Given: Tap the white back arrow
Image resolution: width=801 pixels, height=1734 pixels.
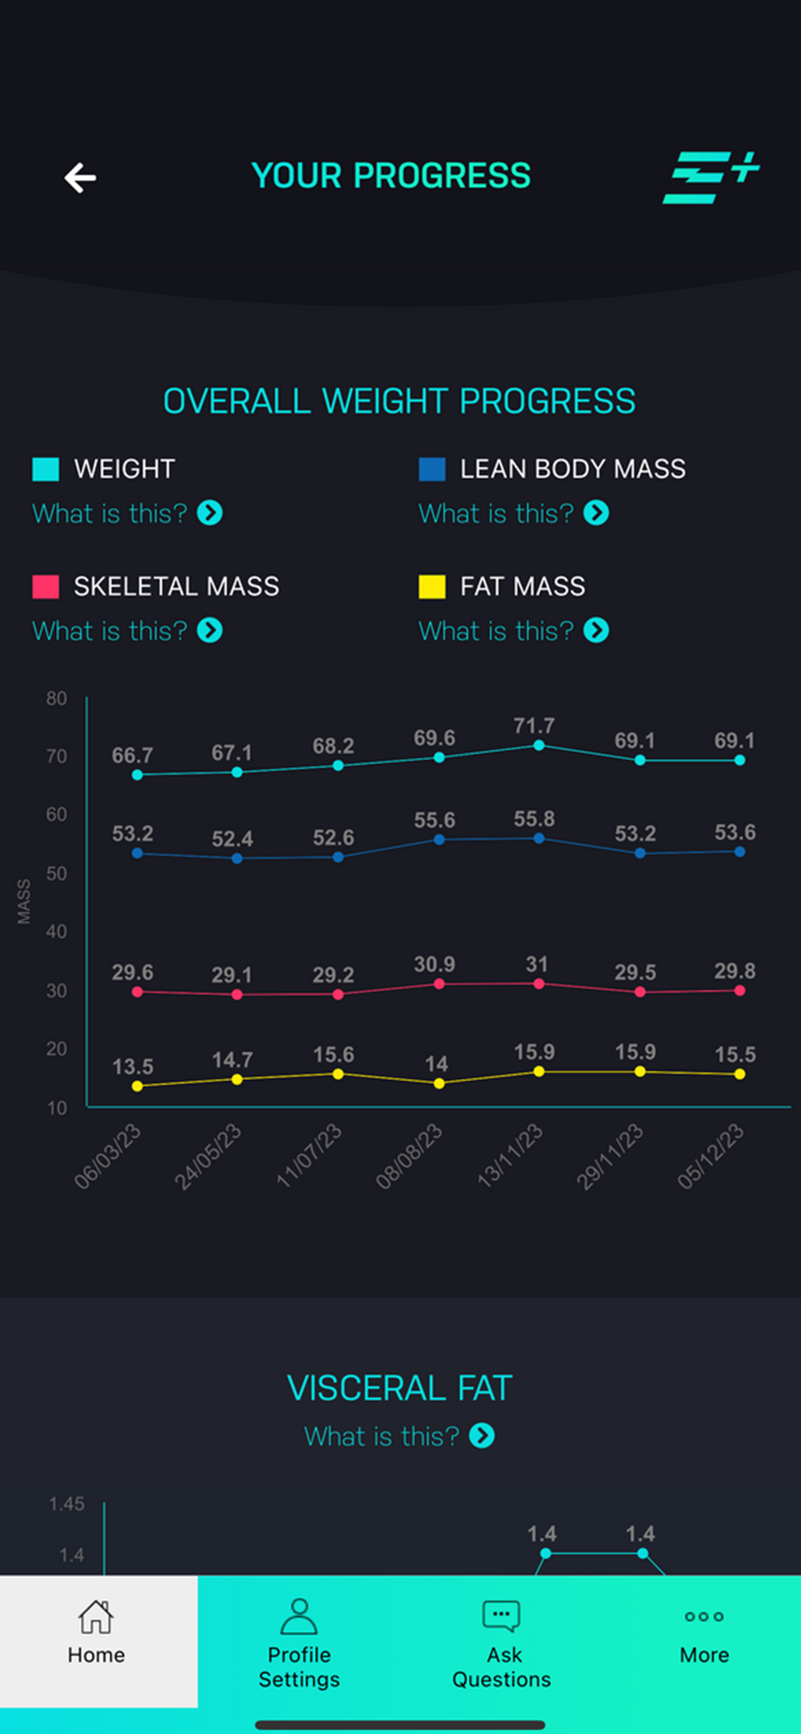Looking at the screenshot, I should (80, 177).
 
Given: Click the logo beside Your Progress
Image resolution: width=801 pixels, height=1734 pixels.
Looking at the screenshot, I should (710, 177).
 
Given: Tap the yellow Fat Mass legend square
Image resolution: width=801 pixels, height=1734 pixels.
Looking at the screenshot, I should (431, 586).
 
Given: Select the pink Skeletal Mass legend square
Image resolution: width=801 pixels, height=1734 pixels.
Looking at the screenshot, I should (46, 586).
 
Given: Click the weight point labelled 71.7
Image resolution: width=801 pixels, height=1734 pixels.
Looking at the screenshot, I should (539, 745).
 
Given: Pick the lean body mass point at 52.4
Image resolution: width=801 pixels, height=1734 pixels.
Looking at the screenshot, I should (237, 858).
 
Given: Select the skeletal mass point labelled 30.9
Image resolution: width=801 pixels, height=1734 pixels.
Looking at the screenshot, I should (439, 984).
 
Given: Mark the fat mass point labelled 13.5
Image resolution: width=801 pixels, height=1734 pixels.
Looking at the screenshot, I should (137, 1086).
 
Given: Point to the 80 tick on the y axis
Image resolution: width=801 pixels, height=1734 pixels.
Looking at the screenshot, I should (57, 698).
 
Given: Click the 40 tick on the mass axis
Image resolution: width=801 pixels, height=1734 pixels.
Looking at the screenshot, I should (57, 932).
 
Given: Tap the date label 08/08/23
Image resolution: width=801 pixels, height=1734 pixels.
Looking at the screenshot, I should (410, 1156).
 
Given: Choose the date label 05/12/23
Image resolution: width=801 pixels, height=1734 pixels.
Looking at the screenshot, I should (711, 1156).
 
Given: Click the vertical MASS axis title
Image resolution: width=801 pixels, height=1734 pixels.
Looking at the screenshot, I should (24, 901).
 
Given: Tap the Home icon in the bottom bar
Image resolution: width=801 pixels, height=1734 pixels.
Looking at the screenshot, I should (96, 1617).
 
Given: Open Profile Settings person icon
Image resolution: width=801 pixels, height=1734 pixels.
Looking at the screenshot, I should (299, 1617).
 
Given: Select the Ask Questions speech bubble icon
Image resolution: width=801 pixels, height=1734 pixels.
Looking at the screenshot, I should (502, 1615).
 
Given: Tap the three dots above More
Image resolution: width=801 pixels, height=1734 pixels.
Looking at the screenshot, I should (704, 1616).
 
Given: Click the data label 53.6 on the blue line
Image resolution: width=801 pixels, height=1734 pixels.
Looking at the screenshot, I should (735, 833).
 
